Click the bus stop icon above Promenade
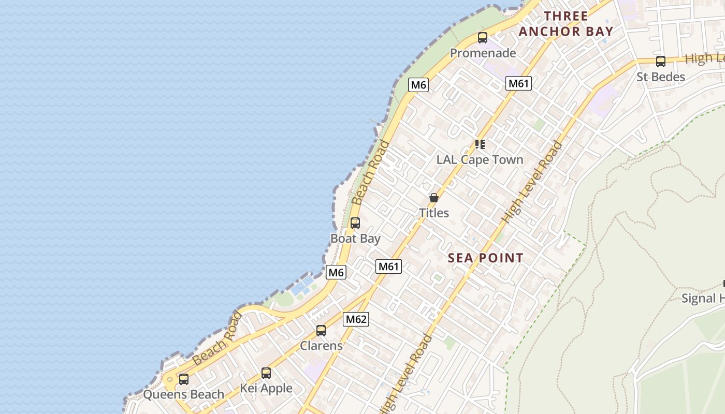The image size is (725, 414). click(483, 38)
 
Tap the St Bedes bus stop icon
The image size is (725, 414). click(660, 62)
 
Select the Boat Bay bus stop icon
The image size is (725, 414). click(355, 223)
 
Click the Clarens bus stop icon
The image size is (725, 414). click(321, 330)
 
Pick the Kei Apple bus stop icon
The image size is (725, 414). click(266, 373)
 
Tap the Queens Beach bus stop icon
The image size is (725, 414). click(184, 379)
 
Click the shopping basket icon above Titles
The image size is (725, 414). click(434, 198)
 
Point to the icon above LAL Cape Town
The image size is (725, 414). click(480, 144)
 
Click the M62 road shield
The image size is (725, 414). click(356, 319)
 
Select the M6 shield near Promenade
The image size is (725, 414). click(418, 85)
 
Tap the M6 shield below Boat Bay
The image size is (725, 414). click(336, 272)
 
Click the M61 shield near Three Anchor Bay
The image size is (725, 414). click(519, 83)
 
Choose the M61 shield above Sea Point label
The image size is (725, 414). click(388, 267)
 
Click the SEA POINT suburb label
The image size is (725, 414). click(485, 258)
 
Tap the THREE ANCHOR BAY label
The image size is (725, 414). click(565, 24)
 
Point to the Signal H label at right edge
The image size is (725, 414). click(703, 298)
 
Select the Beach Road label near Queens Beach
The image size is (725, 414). click(216, 338)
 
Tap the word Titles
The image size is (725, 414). click(434, 213)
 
